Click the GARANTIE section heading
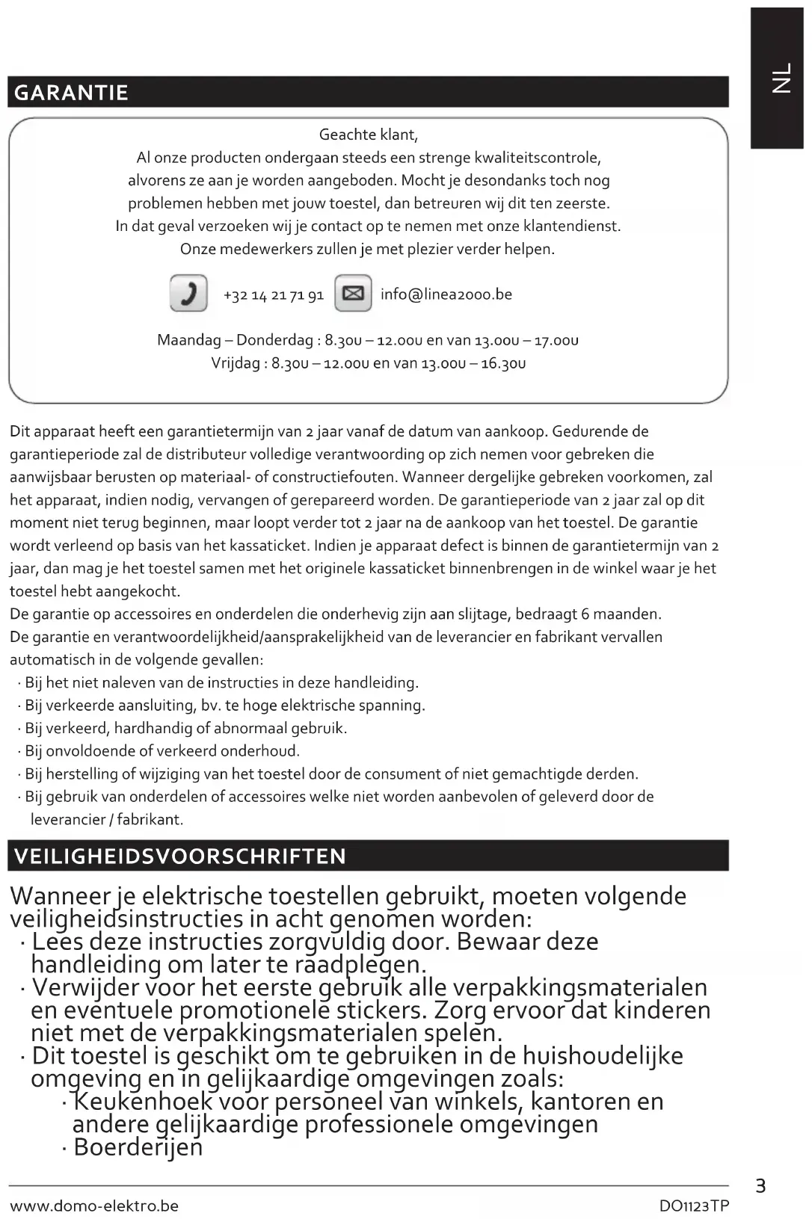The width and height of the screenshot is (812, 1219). pos(72,93)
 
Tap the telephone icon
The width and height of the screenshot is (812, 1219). pos(188,293)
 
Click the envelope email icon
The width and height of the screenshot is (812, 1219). pos(353,293)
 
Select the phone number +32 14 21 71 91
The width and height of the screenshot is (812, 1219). pos(274,295)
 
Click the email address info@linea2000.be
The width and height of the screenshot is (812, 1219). pos(446,294)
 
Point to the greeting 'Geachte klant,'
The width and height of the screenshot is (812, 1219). pos(368,135)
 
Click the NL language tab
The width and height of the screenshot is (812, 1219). pos(781,78)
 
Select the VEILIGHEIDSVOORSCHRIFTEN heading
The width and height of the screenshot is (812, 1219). pos(180,857)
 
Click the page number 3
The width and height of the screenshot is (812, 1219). pos(760,1186)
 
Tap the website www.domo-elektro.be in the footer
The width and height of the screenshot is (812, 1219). pos(94,1206)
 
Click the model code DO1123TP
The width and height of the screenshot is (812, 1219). pos(694,1206)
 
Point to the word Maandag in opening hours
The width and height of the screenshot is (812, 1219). pos(189,341)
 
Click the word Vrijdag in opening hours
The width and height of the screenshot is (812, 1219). pos(236,364)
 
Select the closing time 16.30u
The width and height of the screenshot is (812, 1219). pos(503,364)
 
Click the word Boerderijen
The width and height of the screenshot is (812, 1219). pos(138,1147)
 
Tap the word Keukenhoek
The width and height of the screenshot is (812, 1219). pos(144,1102)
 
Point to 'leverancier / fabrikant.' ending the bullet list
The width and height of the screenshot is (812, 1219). pos(107,820)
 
